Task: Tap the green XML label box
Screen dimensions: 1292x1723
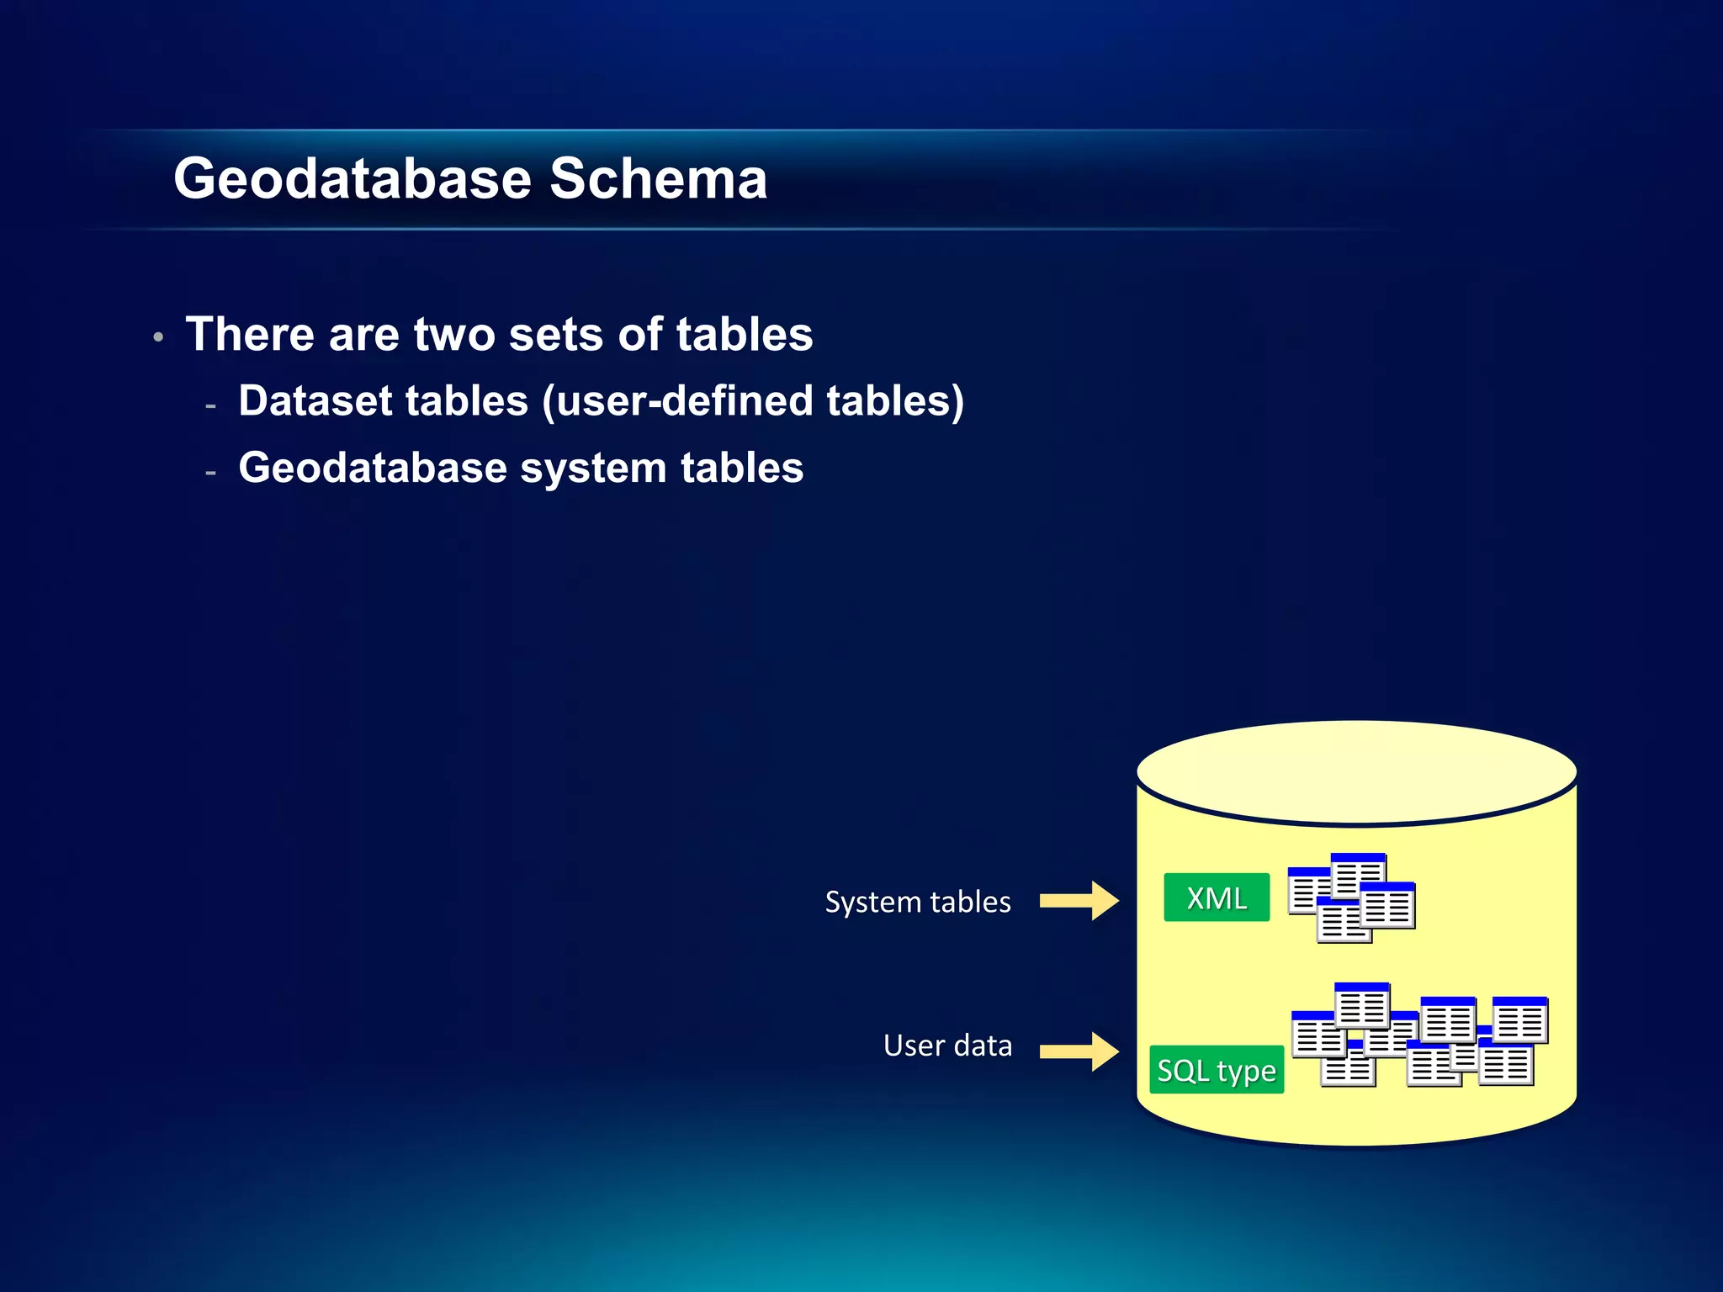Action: click(1216, 898)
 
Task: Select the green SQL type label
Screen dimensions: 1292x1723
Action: click(1216, 1070)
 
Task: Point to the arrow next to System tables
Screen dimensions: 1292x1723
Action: click(1079, 901)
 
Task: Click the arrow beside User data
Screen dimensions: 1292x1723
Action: click(1079, 1051)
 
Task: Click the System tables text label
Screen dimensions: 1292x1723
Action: click(917, 902)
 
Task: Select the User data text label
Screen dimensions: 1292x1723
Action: click(947, 1046)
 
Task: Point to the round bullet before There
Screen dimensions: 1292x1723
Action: click(158, 338)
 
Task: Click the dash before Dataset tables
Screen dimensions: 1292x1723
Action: click(210, 406)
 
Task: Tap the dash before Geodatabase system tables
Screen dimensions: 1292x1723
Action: click(210, 474)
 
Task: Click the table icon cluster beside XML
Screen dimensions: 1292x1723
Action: click(1351, 898)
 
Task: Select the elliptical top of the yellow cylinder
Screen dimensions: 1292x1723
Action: click(1356, 770)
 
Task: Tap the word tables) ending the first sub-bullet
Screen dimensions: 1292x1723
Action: click(894, 400)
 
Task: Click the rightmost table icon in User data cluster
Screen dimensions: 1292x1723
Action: click(1519, 1019)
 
